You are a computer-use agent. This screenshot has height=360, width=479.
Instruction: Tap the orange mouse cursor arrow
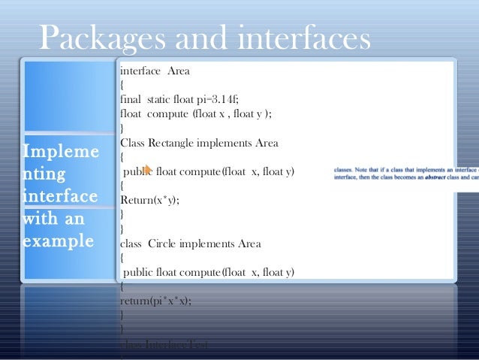pyautogui.click(x=148, y=171)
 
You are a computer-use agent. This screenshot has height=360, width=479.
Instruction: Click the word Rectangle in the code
pyautogui.click(x=175, y=143)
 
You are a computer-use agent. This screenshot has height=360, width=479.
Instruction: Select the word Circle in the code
pyautogui.click(x=166, y=244)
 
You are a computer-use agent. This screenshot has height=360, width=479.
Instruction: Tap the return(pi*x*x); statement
pyautogui.click(x=155, y=301)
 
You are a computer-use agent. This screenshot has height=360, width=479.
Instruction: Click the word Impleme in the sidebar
pyautogui.click(x=60, y=153)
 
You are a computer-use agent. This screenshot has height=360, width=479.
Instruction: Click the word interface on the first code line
pyautogui.click(x=140, y=71)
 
